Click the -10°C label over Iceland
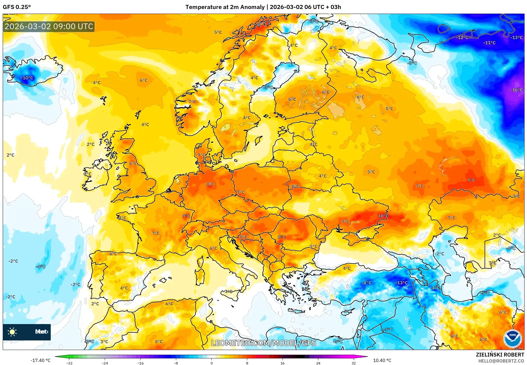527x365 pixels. [x=27, y=78]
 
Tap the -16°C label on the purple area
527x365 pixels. [x=516, y=90]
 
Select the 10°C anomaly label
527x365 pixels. [x=383, y=216]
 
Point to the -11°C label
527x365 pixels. [x=489, y=43]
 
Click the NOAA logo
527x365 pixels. [x=512, y=338]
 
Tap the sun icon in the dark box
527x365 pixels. [x=12, y=332]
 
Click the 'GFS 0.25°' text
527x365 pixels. [x=17, y=7]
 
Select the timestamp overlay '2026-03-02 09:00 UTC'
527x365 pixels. [x=49, y=26]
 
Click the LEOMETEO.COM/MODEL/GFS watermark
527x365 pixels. [x=263, y=343]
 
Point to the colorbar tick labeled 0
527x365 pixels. [x=211, y=363]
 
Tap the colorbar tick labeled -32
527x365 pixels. [x=69, y=363]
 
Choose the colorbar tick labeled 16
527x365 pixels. [x=282, y=363]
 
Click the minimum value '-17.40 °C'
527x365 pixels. [x=41, y=360]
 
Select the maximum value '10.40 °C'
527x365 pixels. [x=382, y=360]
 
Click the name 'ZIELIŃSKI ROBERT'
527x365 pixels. [x=500, y=355]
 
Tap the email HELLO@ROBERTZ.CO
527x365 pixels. [x=501, y=361]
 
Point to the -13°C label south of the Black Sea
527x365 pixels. [x=401, y=283]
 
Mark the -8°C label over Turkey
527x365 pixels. [x=367, y=283]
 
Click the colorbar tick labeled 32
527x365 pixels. [x=354, y=363]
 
